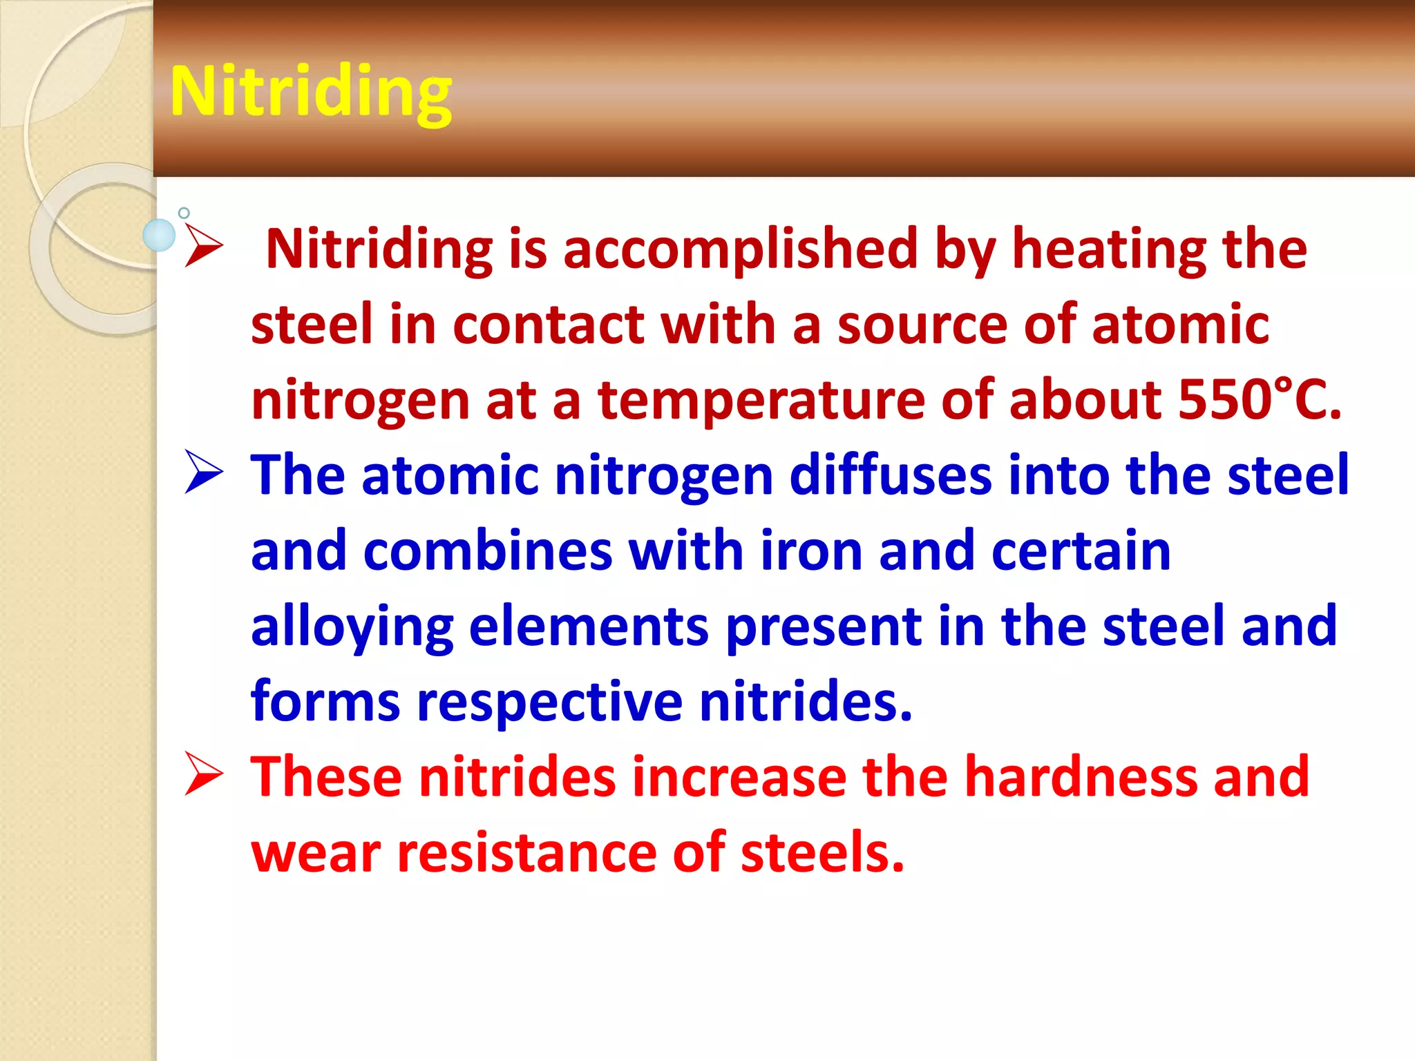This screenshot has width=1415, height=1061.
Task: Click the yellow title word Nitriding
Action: (x=311, y=93)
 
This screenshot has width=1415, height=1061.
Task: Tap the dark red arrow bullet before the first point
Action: (x=204, y=247)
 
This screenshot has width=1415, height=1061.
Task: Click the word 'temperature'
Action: (x=761, y=400)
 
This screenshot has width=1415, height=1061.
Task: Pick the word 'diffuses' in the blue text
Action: (x=891, y=475)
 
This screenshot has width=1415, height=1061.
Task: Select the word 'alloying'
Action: (x=352, y=627)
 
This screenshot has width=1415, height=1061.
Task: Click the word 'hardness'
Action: (x=1081, y=777)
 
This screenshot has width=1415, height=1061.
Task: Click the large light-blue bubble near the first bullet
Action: (x=159, y=235)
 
